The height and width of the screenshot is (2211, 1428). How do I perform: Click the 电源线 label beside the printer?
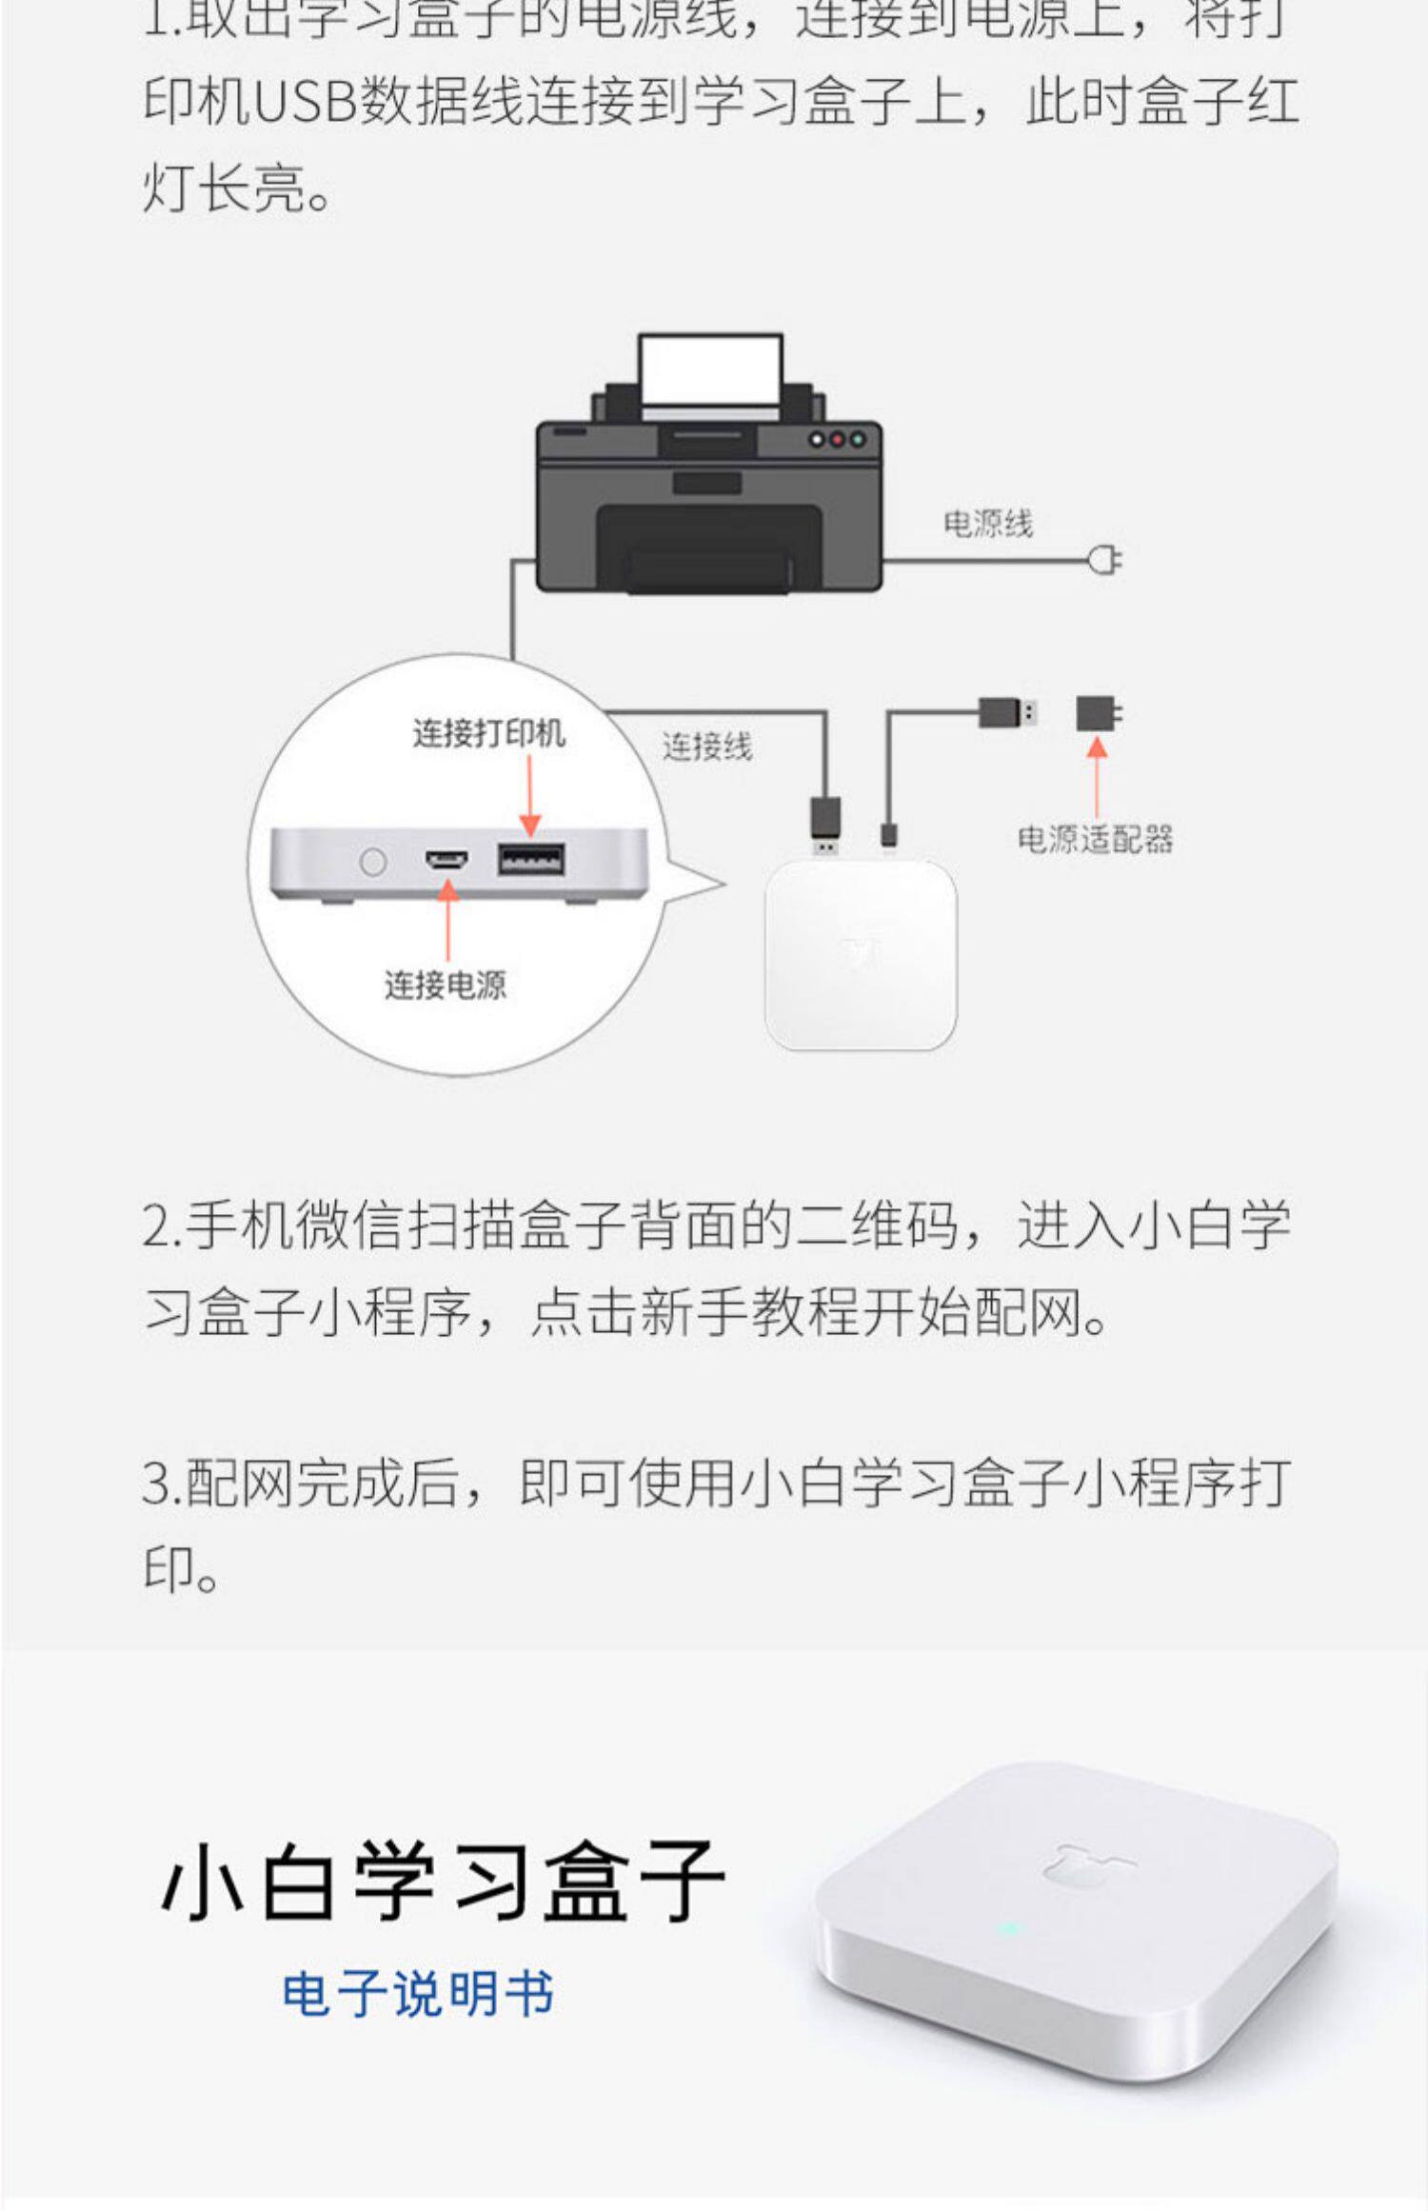tap(987, 524)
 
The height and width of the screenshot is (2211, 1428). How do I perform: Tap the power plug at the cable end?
tap(1106, 560)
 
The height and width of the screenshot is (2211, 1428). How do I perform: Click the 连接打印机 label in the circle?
tap(488, 733)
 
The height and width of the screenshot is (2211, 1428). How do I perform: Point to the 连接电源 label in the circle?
tap(445, 985)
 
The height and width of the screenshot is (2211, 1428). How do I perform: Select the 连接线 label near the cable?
tap(706, 747)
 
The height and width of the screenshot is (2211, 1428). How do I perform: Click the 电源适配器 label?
tap(1095, 839)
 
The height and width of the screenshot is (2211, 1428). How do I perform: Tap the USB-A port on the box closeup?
tap(530, 860)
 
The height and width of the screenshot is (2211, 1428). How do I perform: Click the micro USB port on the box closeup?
tap(446, 861)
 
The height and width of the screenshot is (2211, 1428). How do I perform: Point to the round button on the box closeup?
tap(373, 862)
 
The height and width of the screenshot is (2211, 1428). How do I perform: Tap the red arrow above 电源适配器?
tap(1097, 775)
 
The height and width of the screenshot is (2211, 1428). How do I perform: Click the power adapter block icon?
tap(1099, 713)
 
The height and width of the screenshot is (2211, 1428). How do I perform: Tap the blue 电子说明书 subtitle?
tap(418, 1993)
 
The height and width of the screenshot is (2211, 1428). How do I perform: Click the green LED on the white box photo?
tap(1009, 1930)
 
